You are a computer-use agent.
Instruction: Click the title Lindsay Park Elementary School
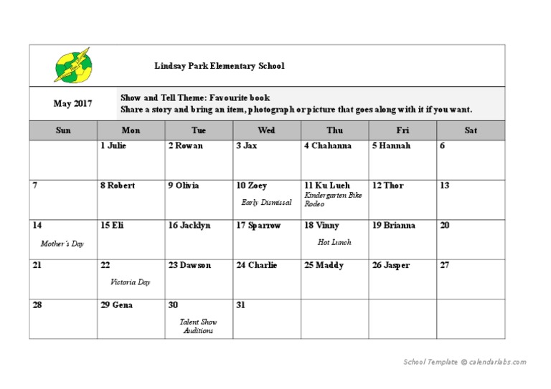[x=220, y=66]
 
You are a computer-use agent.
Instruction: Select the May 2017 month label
[x=73, y=104]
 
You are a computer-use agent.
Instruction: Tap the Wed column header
[x=266, y=130]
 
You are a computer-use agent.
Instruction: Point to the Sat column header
[x=471, y=130]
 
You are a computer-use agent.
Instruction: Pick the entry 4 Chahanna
[x=329, y=146]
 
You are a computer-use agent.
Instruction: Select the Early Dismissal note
[x=266, y=203]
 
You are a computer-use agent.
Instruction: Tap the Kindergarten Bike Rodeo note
[x=333, y=199]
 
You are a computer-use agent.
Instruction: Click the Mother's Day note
[x=62, y=244]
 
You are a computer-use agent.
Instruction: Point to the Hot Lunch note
[x=334, y=242]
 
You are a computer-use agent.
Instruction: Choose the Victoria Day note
[x=131, y=282]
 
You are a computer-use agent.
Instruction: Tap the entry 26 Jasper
[x=391, y=266]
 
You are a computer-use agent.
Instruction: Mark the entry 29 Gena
[x=117, y=305]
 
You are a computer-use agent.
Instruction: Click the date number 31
[x=241, y=305]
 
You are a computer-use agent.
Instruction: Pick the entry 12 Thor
[x=388, y=186]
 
